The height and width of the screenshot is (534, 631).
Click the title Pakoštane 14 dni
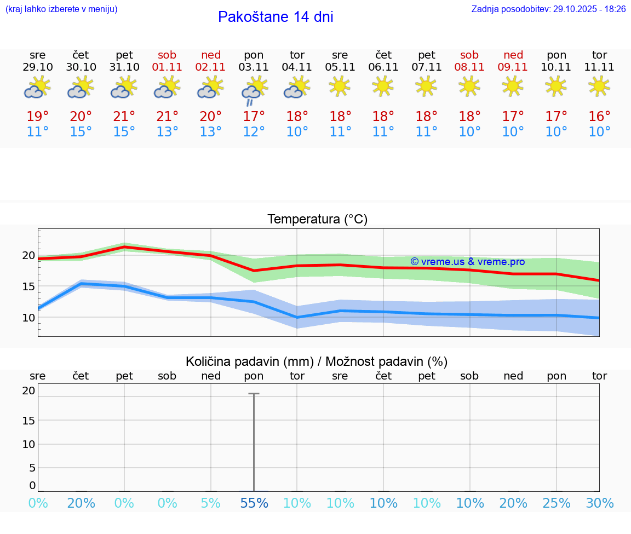tap(276, 17)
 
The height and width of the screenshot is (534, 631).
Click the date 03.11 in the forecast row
tap(254, 67)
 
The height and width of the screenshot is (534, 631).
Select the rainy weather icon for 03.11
tap(254, 90)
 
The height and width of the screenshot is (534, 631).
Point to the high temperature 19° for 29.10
tap(38, 117)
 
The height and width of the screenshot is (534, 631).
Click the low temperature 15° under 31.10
tap(124, 132)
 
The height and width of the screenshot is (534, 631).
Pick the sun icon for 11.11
tap(599, 86)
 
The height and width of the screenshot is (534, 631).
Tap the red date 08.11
tap(469, 67)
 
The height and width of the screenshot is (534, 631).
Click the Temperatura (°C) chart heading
tap(317, 220)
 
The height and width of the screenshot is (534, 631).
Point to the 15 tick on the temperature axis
tap(28, 286)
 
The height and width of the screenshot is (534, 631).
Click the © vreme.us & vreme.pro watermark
tap(467, 262)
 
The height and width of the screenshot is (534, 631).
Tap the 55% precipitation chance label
tap(254, 503)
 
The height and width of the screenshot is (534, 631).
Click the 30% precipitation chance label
tap(599, 503)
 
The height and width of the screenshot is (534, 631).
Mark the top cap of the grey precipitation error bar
tap(254, 394)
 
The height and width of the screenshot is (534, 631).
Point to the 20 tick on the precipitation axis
tap(28, 391)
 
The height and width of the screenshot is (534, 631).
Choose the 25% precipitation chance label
tap(557, 503)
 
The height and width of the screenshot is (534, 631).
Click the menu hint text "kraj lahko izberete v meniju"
tap(61, 9)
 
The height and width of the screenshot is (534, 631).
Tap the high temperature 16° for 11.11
tap(599, 117)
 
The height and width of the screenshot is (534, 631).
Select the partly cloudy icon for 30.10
tap(81, 87)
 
